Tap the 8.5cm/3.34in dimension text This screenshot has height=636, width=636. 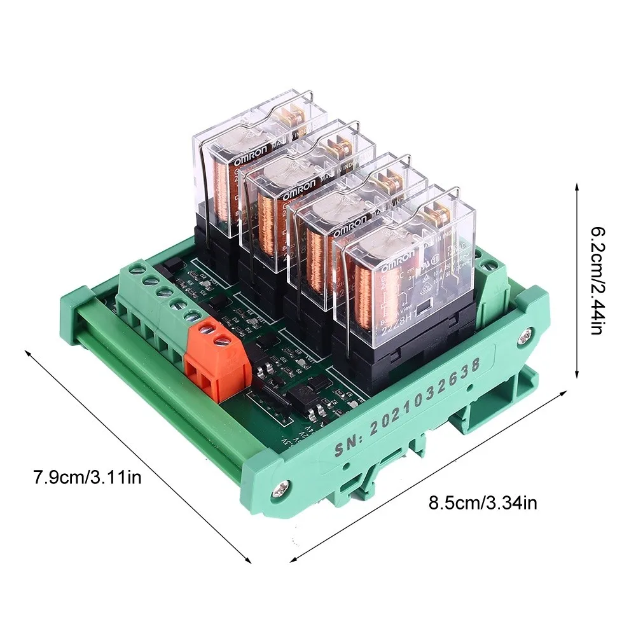483,504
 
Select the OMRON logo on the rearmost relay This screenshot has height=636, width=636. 258,158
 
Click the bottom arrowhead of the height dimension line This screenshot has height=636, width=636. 576,377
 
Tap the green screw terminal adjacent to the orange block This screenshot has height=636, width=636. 188,315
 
